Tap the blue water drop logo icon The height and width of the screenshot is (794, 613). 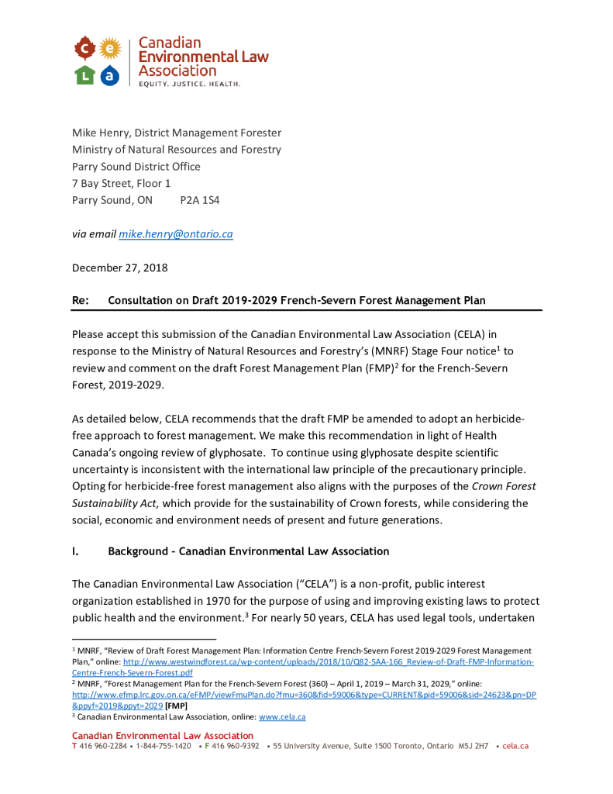(111, 74)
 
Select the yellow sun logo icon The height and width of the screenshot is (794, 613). (111, 49)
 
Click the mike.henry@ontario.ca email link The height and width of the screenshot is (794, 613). (176, 233)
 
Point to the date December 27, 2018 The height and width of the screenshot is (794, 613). (119, 268)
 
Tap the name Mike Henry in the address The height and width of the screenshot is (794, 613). (100, 133)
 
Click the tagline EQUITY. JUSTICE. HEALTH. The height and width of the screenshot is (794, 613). (189, 83)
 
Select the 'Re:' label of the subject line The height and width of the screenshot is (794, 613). (81, 300)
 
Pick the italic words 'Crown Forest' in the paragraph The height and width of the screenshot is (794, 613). (504, 486)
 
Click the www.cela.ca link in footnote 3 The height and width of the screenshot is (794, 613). (282, 716)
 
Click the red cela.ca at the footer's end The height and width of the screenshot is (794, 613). (515, 746)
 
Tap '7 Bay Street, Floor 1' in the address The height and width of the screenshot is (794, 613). (122, 183)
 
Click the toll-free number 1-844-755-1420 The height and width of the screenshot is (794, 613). (164, 746)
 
